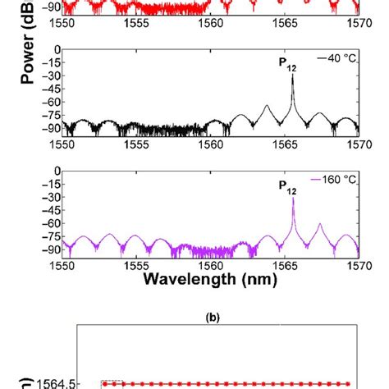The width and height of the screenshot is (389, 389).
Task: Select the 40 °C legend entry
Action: click(337, 57)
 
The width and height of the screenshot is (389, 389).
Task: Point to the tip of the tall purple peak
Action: click(293, 198)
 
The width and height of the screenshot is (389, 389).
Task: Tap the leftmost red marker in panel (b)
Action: click(104, 383)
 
